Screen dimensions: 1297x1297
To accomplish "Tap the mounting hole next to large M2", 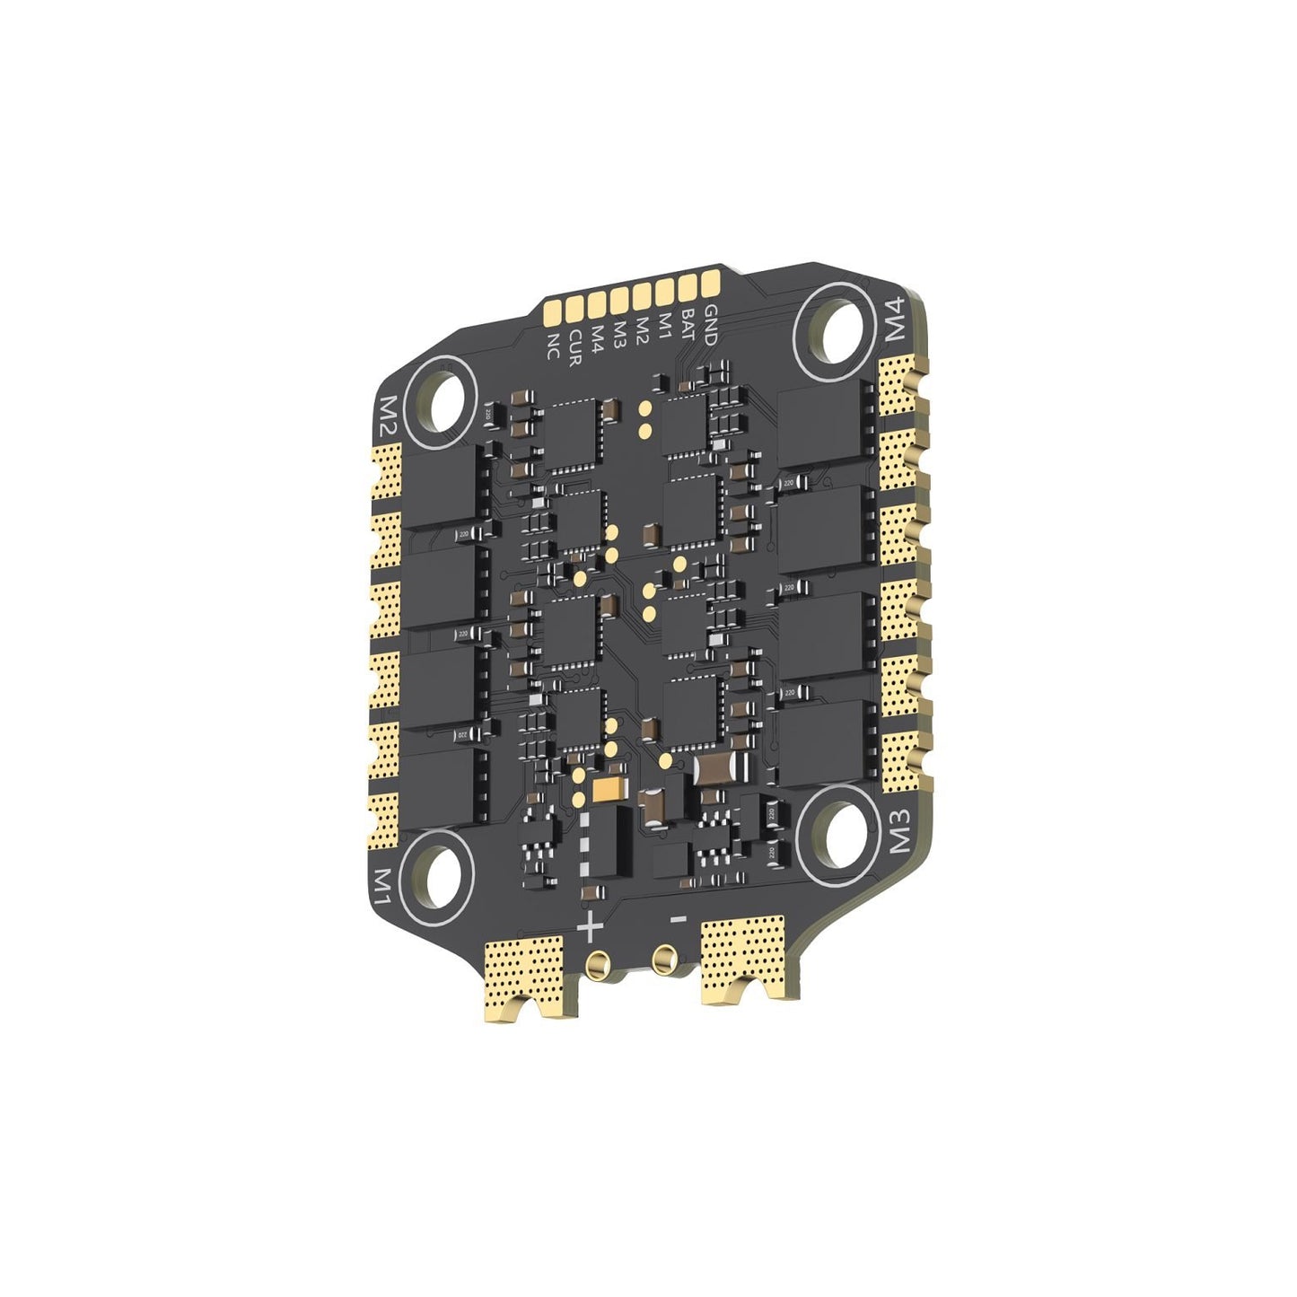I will click(x=441, y=401).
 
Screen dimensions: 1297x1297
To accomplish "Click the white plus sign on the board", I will click(x=588, y=928).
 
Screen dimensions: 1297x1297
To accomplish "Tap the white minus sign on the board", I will click(x=679, y=919).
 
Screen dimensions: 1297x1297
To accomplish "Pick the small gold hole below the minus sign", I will click(x=665, y=958).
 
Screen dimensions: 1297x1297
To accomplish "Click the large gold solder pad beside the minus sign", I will click(x=743, y=960).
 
